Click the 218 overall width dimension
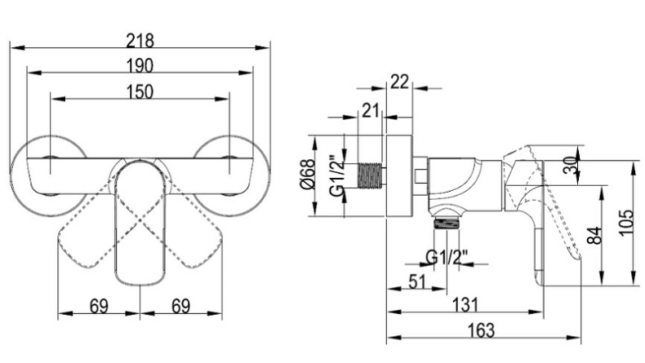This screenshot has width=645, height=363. [x=140, y=38]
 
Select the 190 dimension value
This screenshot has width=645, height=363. [x=140, y=64]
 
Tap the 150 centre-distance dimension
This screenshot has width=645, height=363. [x=140, y=91]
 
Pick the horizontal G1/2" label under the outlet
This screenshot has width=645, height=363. [x=447, y=259]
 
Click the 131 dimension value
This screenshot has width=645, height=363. [x=465, y=304]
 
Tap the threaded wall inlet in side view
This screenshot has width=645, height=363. [x=372, y=177]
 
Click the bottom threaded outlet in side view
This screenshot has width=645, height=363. [x=446, y=218]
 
